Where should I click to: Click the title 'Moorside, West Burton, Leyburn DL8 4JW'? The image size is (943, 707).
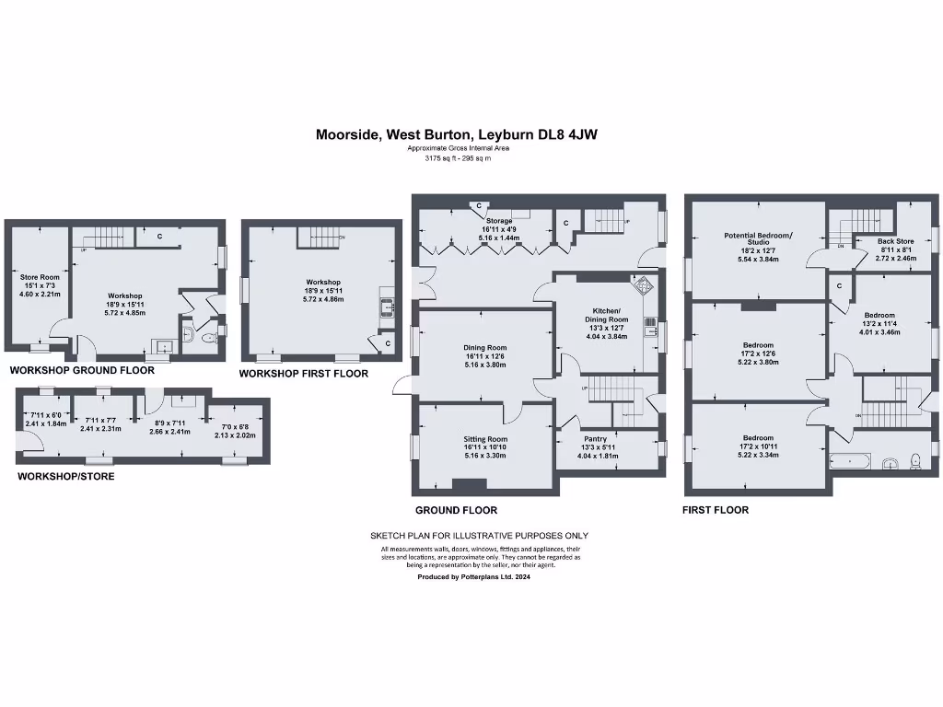pos(457,134)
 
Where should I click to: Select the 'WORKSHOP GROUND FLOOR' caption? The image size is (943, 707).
pos(69,369)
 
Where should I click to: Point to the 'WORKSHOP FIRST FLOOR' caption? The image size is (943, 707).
pos(303,374)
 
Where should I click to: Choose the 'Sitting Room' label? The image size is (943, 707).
pos(484,439)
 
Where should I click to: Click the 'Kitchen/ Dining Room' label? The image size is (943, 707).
pos(606,315)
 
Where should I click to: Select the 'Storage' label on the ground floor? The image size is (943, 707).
pos(499,222)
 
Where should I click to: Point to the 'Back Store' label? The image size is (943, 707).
pos(894,241)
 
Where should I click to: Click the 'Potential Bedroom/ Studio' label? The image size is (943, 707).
pos(758,239)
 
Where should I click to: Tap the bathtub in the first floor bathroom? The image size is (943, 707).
pos(849,461)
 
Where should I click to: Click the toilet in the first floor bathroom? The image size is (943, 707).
pos(915,461)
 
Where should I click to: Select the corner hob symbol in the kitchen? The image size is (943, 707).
pos(643,285)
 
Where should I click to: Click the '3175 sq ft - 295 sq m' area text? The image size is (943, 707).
pos(457,158)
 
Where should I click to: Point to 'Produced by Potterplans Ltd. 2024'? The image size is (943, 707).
pos(473,577)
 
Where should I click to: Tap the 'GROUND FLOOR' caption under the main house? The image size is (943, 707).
pos(456,510)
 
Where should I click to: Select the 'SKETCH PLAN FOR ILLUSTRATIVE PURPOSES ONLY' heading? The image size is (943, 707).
pos(479,536)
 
